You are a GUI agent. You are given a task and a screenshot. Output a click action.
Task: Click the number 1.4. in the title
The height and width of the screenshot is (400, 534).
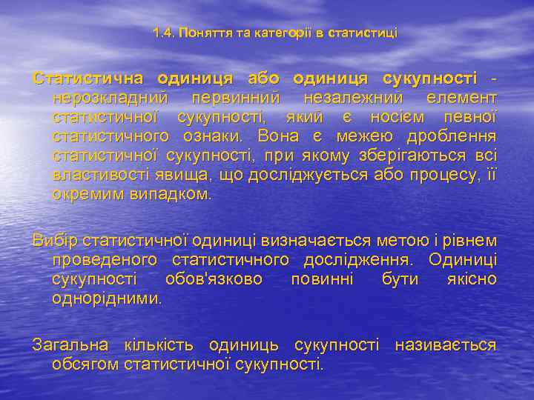tap(164, 33)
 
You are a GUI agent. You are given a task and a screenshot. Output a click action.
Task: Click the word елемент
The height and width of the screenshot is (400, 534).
tap(461, 98)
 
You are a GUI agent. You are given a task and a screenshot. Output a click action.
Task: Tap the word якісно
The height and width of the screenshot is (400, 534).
tap(472, 279)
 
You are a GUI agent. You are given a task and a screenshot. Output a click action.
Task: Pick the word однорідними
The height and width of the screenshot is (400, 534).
tap(107, 299)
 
